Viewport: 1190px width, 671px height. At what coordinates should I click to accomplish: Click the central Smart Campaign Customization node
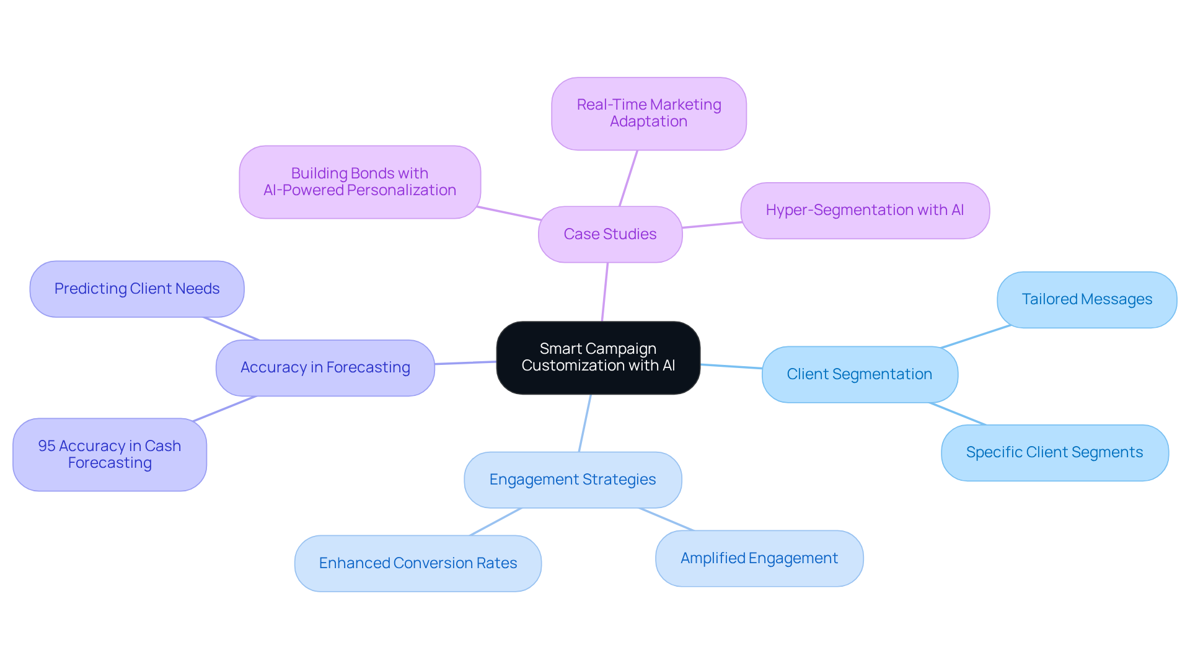[x=598, y=357]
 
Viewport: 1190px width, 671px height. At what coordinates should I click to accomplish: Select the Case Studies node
[x=610, y=234]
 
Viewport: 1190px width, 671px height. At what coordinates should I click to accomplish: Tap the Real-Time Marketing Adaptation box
[x=648, y=113]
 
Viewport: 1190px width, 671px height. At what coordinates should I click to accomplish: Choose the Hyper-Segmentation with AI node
[x=865, y=210]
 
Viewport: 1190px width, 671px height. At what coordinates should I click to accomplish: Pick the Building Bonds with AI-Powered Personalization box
[x=359, y=182]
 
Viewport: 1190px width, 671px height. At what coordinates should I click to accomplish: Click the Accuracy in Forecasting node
[x=325, y=367]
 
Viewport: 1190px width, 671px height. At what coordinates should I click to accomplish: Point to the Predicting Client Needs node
[x=137, y=289]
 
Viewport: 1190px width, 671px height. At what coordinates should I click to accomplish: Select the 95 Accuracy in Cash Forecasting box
[x=110, y=454]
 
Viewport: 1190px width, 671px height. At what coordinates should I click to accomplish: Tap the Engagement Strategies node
[x=572, y=480]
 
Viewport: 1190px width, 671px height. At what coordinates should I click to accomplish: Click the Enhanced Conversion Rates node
[x=418, y=563]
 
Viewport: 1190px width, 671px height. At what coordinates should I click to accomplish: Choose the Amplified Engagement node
[x=759, y=558]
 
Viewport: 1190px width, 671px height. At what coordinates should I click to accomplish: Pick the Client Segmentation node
[x=859, y=374]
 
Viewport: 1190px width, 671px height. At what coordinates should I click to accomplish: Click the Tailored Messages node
[x=1086, y=299]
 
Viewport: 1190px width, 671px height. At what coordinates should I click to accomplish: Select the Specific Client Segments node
[x=1054, y=452]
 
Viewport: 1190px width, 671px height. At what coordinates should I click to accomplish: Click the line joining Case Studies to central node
[x=605, y=292]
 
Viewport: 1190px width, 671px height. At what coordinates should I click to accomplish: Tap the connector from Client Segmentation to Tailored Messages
[x=976, y=336]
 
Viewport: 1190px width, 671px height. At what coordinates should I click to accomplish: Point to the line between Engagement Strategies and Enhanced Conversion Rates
[x=496, y=522]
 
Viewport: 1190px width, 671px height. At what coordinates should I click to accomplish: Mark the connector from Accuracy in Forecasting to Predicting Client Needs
[x=231, y=328]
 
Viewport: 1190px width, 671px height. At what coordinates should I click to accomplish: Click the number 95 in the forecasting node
[x=46, y=446]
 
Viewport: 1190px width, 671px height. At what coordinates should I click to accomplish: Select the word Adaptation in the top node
[x=648, y=121]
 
